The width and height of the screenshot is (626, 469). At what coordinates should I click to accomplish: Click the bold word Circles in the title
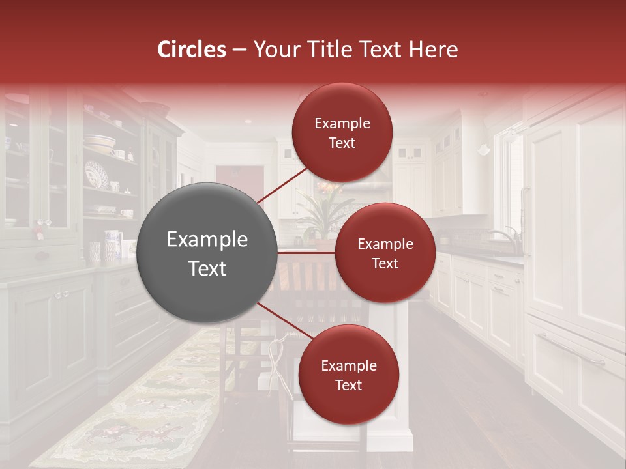point(191,50)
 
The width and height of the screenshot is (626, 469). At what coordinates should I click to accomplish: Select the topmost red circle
point(342,132)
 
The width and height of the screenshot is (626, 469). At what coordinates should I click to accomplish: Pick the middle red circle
point(385,253)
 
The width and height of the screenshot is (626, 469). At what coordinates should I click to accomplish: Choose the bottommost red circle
point(348,375)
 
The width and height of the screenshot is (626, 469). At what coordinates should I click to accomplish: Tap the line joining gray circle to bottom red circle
point(284,321)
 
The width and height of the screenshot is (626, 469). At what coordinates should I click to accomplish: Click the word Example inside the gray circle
point(207,240)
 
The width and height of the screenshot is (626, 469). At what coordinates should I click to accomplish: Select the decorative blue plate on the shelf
point(97,175)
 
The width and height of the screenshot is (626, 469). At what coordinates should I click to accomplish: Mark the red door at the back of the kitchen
point(240,182)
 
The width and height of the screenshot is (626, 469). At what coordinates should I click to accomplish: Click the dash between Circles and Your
point(239,50)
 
